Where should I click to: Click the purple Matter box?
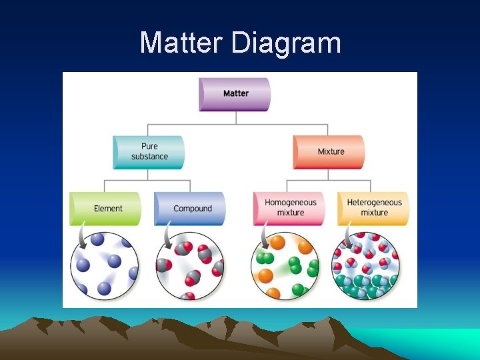click(x=235, y=93)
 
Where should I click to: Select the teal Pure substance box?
click(x=149, y=152)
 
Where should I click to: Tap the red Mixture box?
click(x=329, y=152)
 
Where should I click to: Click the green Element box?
click(x=106, y=209)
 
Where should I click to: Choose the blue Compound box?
click(x=191, y=209)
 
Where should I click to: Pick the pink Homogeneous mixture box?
click(x=289, y=208)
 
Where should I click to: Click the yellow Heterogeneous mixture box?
click(x=373, y=208)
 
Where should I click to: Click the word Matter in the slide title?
click(x=181, y=43)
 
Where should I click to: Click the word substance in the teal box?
click(x=149, y=157)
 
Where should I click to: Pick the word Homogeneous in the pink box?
click(x=290, y=203)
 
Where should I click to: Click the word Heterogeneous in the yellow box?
click(x=374, y=203)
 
